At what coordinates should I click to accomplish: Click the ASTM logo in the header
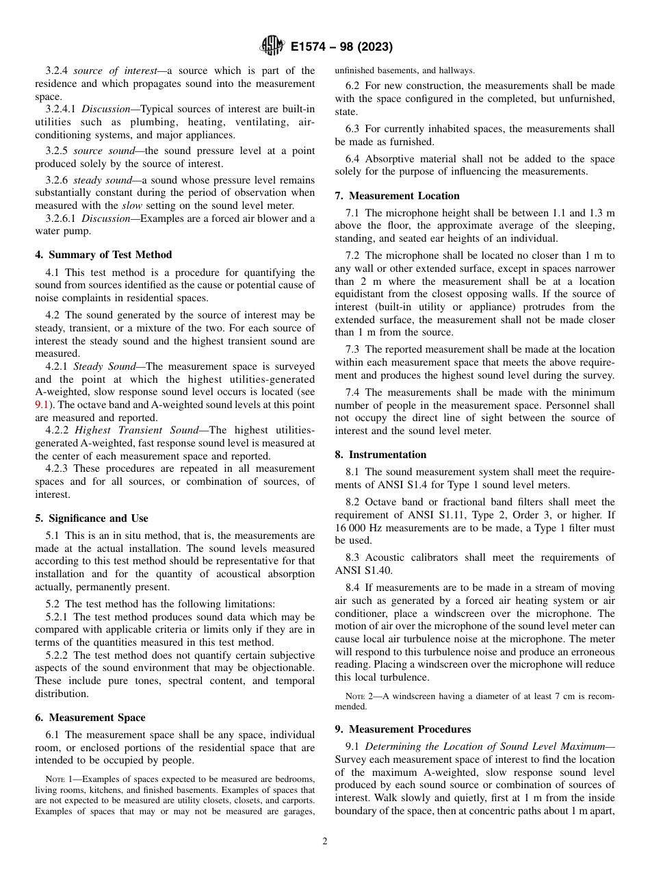(x=272, y=47)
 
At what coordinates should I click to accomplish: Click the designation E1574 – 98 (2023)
(x=341, y=47)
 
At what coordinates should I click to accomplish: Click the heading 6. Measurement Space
(x=90, y=718)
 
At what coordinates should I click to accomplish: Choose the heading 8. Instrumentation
(x=380, y=455)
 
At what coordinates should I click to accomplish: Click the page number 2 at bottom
(x=325, y=842)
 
